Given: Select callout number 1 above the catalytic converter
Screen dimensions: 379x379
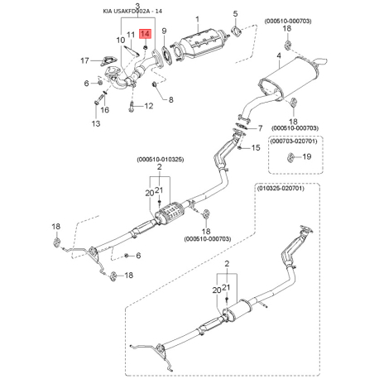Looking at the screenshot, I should (x=197, y=17).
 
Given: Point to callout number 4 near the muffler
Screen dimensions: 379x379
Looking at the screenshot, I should (x=278, y=56).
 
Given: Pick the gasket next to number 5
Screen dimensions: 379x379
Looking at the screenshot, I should (x=236, y=32).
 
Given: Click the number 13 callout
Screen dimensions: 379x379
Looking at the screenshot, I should (x=94, y=123).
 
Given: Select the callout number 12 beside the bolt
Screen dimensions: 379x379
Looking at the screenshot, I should (x=150, y=106).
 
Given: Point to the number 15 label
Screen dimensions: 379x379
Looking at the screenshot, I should (x=256, y=147).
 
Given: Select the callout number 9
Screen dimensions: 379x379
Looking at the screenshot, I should (x=164, y=32).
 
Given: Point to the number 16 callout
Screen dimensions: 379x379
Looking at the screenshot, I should (x=104, y=109).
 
